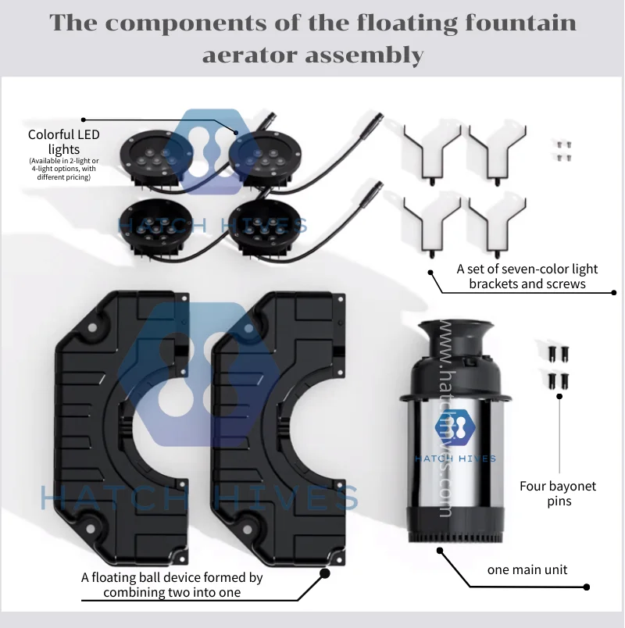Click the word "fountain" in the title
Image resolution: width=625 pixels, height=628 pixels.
pyautogui.click(x=520, y=23)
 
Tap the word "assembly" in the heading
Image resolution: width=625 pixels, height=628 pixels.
pyautogui.click(x=364, y=55)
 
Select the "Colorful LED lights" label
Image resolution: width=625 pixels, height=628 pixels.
pyautogui.click(x=64, y=142)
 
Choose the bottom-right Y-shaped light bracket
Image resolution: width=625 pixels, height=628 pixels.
pyautogui.click(x=497, y=227)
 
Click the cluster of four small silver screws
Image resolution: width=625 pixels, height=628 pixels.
pyautogui.click(x=564, y=151)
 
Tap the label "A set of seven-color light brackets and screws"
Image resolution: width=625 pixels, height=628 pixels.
pyautogui.click(x=527, y=277)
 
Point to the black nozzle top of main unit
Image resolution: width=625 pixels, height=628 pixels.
pyautogui.click(x=456, y=360)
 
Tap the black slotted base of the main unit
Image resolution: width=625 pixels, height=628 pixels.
pyautogui.click(x=455, y=525)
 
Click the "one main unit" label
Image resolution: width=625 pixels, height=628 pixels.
pyautogui.click(x=527, y=569)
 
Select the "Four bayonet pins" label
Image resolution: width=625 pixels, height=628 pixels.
pyautogui.click(x=558, y=494)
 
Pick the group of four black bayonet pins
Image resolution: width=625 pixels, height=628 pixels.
pyautogui.click(x=559, y=369)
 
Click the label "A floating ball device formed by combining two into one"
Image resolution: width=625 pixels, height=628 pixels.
pyautogui.click(x=172, y=585)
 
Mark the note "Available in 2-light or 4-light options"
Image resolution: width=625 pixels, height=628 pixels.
pyautogui.click(x=64, y=169)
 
